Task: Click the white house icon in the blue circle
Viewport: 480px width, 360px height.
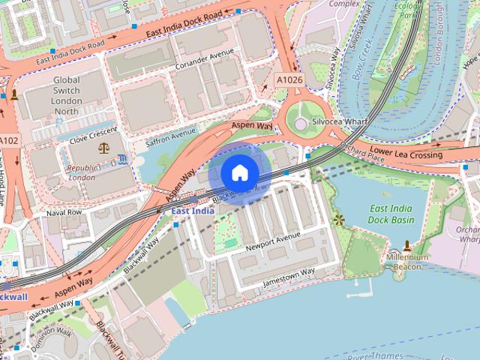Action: click(x=239, y=174)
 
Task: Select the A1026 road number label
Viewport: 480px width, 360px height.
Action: click(x=289, y=79)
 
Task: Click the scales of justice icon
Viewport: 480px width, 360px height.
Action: click(x=103, y=148)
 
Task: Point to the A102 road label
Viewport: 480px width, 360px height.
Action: click(x=9, y=140)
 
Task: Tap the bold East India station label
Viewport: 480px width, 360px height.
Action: click(x=193, y=211)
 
